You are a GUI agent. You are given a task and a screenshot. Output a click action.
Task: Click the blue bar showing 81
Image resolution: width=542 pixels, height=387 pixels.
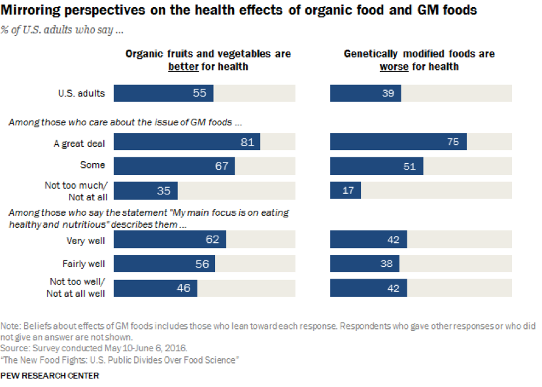point(186,142)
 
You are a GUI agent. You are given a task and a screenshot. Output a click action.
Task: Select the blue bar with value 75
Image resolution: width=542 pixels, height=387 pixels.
point(398,142)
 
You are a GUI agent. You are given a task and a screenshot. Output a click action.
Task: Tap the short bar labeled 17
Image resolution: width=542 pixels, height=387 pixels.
point(345,191)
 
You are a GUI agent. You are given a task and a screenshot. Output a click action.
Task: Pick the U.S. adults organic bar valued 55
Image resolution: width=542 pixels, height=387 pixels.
point(163,93)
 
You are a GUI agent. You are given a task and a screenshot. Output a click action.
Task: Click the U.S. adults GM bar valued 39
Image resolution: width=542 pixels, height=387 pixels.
point(365,93)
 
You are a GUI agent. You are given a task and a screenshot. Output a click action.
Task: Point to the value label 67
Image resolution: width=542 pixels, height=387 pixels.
point(222,166)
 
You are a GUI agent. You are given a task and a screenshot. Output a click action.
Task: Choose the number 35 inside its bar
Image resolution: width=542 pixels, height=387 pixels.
point(163,191)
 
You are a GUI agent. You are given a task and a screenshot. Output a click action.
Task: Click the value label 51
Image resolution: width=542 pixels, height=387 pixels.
point(409,166)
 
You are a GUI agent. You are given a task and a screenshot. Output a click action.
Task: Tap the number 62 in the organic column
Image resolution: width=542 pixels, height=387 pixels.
point(212,240)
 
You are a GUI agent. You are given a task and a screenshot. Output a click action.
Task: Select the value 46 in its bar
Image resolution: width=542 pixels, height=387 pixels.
point(183,288)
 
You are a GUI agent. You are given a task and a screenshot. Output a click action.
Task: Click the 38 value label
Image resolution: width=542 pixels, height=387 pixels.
point(386,264)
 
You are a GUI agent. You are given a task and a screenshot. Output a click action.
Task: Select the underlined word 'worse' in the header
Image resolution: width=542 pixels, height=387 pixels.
point(394,67)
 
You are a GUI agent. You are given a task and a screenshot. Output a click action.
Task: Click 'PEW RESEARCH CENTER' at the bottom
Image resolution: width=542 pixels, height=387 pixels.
point(50,376)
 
